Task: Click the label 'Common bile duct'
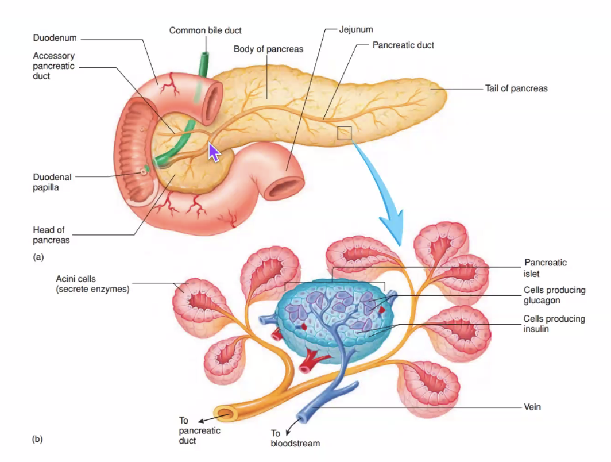click(205, 30)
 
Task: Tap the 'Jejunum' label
click(357, 29)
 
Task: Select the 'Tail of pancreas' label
click(516, 88)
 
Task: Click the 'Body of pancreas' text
click(268, 49)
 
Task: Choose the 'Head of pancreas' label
click(51, 235)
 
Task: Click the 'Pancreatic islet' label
click(545, 268)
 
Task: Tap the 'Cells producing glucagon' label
click(554, 295)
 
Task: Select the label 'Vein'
click(532, 407)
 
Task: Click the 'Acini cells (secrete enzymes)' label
click(92, 284)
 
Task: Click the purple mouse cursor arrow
click(214, 152)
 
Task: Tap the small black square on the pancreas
click(344, 133)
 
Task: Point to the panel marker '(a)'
click(38, 257)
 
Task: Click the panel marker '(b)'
click(38, 440)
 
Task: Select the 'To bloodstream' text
click(295, 438)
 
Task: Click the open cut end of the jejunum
click(281, 187)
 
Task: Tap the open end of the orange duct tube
click(223, 413)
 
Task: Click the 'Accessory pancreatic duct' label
click(53, 66)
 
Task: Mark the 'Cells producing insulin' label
click(554, 323)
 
